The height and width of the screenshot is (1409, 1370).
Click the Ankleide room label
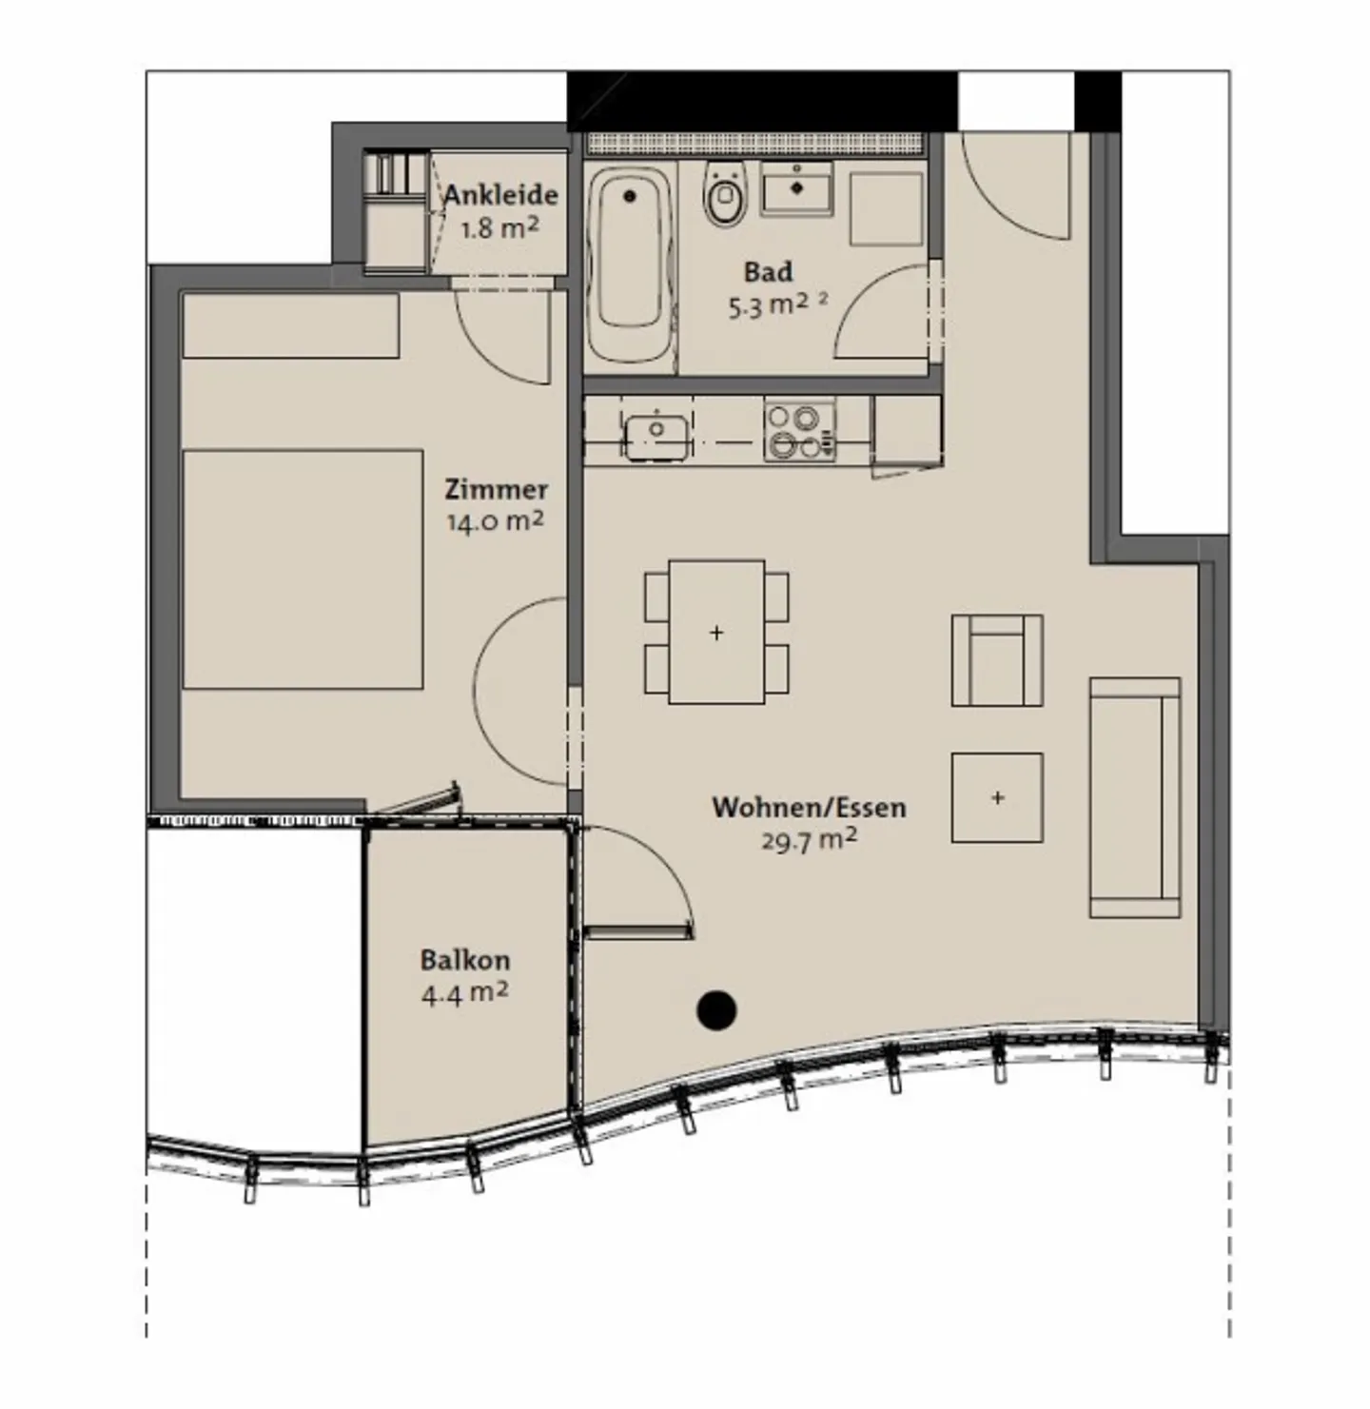(500, 195)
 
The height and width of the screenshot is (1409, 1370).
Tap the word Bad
(769, 272)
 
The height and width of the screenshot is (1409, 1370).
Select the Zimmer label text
(496, 489)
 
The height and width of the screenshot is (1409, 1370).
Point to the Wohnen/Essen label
(809, 808)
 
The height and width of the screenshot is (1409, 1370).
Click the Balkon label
(465, 961)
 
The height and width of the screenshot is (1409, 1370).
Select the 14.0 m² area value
(496, 520)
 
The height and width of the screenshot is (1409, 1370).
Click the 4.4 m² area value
(464, 992)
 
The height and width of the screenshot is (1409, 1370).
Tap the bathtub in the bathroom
(630, 265)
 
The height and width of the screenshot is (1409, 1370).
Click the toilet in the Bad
(725, 193)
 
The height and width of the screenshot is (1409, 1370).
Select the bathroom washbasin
(796, 186)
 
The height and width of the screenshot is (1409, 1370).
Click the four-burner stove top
(799, 432)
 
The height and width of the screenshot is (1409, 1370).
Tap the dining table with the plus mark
(716, 632)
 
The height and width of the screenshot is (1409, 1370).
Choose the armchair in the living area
(997, 660)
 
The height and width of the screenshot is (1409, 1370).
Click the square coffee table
(997, 798)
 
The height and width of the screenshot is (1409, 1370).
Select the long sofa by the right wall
(1135, 798)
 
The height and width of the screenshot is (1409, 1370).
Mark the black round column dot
(716, 1010)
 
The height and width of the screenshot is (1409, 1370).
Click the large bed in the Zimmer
(303, 569)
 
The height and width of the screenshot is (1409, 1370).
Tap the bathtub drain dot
(630, 195)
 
